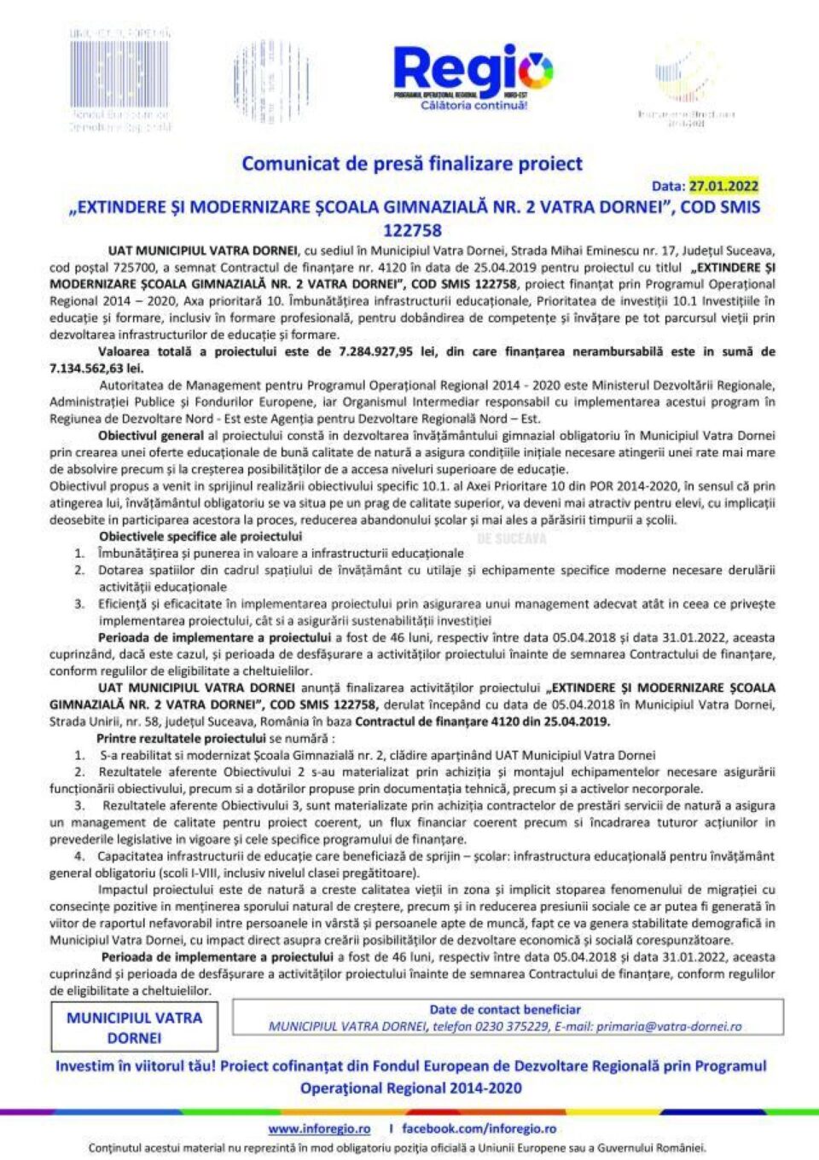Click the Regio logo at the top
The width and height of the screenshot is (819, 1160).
[x=472, y=72]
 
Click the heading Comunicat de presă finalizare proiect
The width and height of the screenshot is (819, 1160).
[x=412, y=163]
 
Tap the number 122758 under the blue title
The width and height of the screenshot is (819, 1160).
[x=412, y=230]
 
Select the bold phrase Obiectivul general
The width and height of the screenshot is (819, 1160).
[x=151, y=436]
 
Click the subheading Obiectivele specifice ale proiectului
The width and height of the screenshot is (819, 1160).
[x=200, y=536]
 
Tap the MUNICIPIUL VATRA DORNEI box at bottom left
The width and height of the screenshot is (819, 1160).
[x=134, y=1027]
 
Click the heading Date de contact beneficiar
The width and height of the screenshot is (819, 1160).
[x=505, y=1010]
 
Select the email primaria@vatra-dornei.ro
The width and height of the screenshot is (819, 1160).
[x=669, y=1027]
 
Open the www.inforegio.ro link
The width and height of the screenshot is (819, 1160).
[x=319, y=1128]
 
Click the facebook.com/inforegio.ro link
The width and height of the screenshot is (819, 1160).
[x=479, y=1128]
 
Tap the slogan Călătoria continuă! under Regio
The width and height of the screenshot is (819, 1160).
[x=473, y=106]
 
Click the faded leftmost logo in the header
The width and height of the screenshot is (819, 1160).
[x=119, y=81]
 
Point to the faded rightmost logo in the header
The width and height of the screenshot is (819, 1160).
[x=686, y=85]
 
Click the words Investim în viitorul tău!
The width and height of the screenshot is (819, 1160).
[x=135, y=1066]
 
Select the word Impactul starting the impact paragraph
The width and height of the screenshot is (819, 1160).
[x=123, y=890]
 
